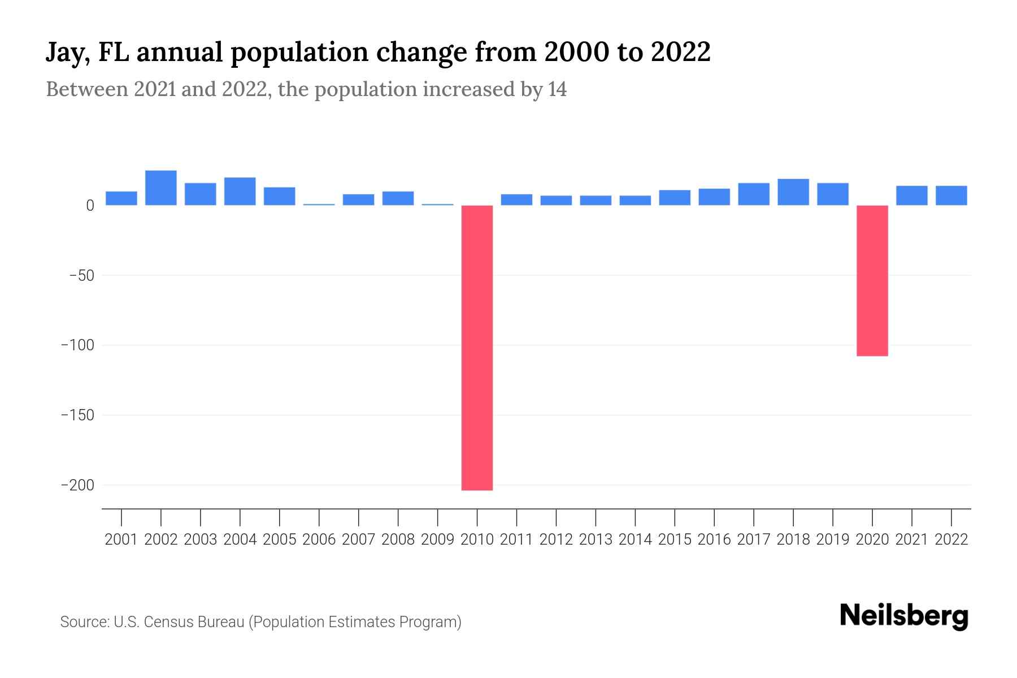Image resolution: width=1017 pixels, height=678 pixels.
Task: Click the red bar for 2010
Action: click(x=477, y=347)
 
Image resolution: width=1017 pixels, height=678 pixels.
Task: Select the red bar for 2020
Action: click(x=872, y=280)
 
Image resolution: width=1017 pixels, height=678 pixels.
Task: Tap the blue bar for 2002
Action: click(x=161, y=188)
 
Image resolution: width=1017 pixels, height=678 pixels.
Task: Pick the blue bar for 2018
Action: click(x=793, y=192)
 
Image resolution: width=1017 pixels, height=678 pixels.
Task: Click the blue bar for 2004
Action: click(x=240, y=191)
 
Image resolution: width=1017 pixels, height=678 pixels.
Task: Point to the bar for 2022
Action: click(x=951, y=195)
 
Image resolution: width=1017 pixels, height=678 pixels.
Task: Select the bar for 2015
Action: click(x=675, y=198)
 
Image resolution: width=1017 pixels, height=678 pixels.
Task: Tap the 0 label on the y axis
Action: click(x=90, y=206)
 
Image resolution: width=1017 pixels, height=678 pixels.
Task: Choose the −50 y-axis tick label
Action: click(x=81, y=276)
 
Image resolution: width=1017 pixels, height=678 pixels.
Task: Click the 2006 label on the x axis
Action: click(x=319, y=540)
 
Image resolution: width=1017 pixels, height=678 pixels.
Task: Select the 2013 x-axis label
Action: click(x=596, y=540)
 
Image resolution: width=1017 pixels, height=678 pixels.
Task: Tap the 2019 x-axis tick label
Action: click(x=833, y=540)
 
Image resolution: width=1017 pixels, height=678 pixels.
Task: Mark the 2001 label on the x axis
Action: click(x=121, y=540)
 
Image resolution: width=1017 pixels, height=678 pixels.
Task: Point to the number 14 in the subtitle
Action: click(x=557, y=89)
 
